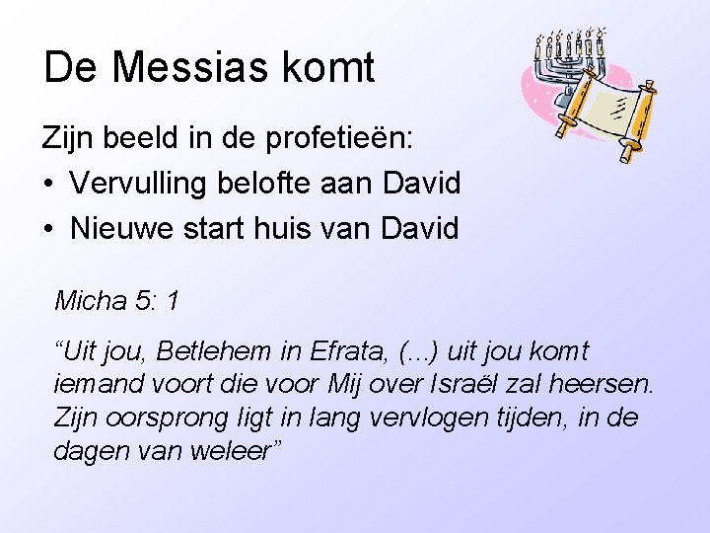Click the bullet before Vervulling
click(48, 184)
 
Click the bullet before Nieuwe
click(48, 230)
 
